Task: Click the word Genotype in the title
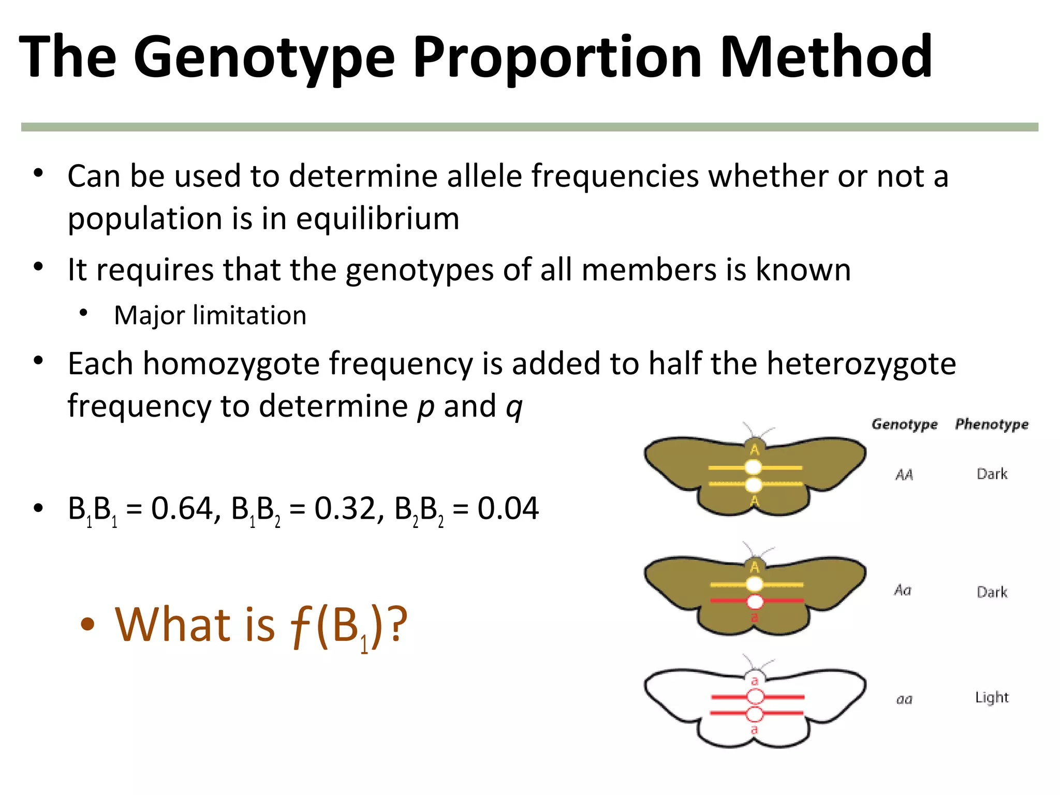[x=264, y=57]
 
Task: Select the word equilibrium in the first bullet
[x=377, y=218]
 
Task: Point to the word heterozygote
[x=861, y=363]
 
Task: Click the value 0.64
[x=182, y=508]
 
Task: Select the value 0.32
[x=345, y=508]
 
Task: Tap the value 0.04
[x=508, y=508]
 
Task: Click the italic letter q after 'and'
[x=514, y=407]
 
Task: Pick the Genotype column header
[x=904, y=424]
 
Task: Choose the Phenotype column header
[x=992, y=424]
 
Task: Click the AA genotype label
[x=904, y=475]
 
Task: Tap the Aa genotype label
[x=903, y=590]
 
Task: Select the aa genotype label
[x=904, y=700]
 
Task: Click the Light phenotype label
[x=992, y=698]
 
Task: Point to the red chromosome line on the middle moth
[x=782, y=601]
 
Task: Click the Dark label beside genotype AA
[x=992, y=474]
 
